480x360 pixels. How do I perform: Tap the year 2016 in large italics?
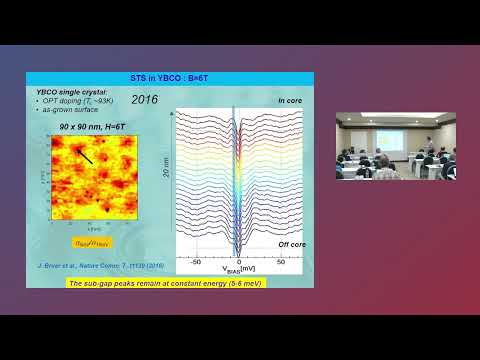(x=145, y=100)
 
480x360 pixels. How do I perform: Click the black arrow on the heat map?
(x=85, y=155)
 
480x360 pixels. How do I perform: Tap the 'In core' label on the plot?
(x=289, y=101)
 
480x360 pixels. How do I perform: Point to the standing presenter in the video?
(x=428, y=146)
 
